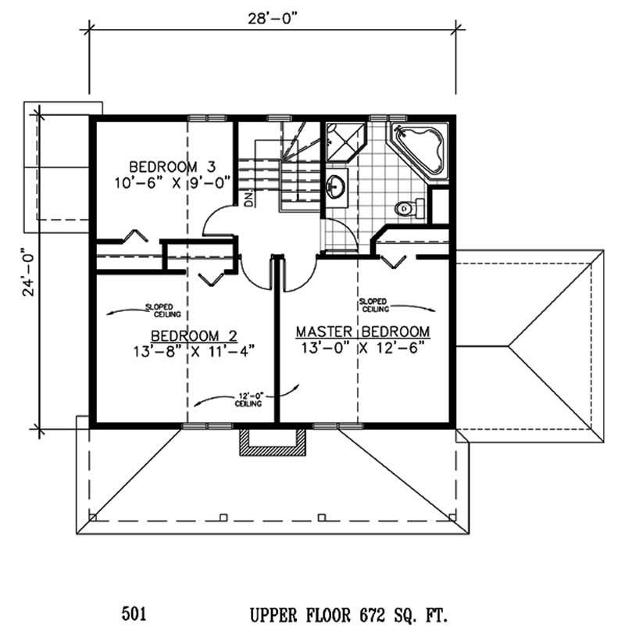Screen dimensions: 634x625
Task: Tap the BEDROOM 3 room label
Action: (172, 167)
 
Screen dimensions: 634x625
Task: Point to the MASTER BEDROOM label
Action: (363, 331)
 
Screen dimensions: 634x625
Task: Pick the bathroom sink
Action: (338, 186)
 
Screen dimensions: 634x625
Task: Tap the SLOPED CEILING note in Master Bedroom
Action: (373, 304)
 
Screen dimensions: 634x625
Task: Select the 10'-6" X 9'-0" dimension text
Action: (173, 181)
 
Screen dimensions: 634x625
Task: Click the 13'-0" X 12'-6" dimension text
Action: (363, 346)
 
